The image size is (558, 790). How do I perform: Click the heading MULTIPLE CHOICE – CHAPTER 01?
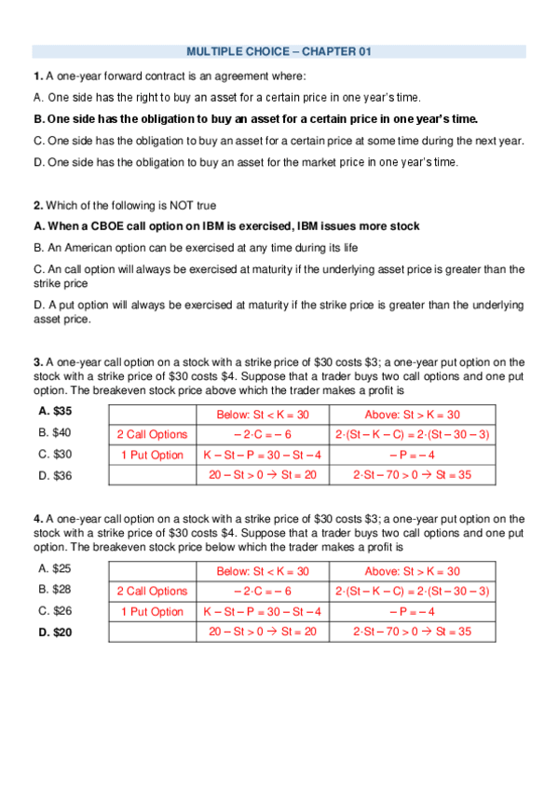pyautogui.click(x=279, y=52)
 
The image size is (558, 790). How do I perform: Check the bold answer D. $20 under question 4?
pyautogui.click(x=56, y=633)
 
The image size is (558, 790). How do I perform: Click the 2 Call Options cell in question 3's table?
pyautogui.click(x=152, y=434)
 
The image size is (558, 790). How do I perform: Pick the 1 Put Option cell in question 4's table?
pyautogui.click(x=152, y=612)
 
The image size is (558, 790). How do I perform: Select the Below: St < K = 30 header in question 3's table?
pyautogui.click(x=262, y=415)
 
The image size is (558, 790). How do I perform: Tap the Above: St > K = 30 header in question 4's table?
pyautogui.click(x=412, y=571)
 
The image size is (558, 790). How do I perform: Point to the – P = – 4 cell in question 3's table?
pyautogui.click(x=412, y=456)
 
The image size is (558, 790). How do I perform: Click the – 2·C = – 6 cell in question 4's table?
pyautogui.click(x=262, y=592)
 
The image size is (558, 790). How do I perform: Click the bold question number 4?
pyautogui.click(x=37, y=519)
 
